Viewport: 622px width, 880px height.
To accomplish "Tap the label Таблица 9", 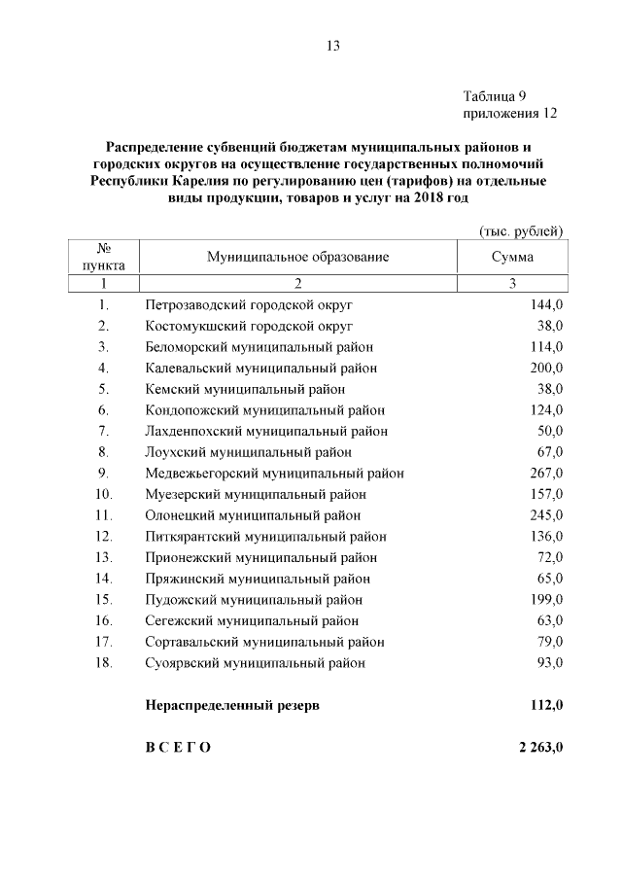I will pyautogui.click(x=494, y=96).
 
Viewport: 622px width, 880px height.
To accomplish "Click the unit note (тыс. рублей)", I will pyautogui.click(x=522, y=229).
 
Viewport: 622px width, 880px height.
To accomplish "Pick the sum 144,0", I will pyautogui.click(x=546, y=305).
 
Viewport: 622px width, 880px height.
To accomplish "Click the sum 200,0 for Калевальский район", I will pyautogui.click(x=546, y=368).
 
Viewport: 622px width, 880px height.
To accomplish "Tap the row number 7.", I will pyautogui.click(x=103, y=431).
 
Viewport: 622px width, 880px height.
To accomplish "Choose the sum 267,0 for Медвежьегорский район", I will pyautogui.click(x=546, y=474).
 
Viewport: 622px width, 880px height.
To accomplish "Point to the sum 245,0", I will pyautogui.click(x=546, y=515).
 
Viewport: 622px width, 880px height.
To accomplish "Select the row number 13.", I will pyautogui.click(x=103, y=557).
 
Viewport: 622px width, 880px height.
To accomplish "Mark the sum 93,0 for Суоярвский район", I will pyautogui.click(x=549, y=663).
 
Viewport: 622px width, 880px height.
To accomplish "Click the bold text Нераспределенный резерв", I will pyautogui.click(x=231, y=705).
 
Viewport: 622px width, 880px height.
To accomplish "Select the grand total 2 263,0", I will pyautogui.click(x=536, y=748).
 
